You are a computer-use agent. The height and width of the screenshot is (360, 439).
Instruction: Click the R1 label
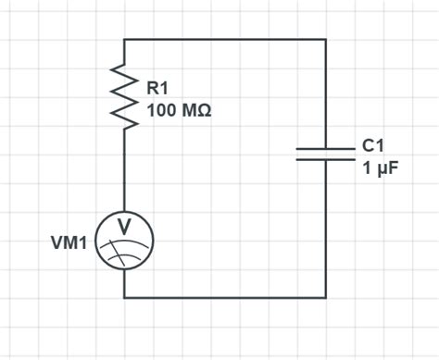[158, 89]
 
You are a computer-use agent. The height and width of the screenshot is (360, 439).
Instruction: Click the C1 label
[373, 146]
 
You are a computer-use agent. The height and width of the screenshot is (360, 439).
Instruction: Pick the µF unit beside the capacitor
[380, 169]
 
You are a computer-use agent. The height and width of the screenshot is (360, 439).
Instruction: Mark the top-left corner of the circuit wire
[124, 39]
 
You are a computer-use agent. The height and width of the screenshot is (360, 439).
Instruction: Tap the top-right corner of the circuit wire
[325, 39]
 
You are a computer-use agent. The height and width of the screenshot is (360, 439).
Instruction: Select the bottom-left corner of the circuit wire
[124, 297]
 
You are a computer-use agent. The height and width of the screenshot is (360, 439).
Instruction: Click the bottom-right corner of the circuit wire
[325, 297]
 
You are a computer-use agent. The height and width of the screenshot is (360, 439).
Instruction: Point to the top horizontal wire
[225, 39]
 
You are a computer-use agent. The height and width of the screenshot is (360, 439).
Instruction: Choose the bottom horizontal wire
[225, 297]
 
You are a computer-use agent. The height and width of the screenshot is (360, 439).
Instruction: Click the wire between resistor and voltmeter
[124, 171]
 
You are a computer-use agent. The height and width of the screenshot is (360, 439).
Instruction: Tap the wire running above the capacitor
[325, 93]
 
